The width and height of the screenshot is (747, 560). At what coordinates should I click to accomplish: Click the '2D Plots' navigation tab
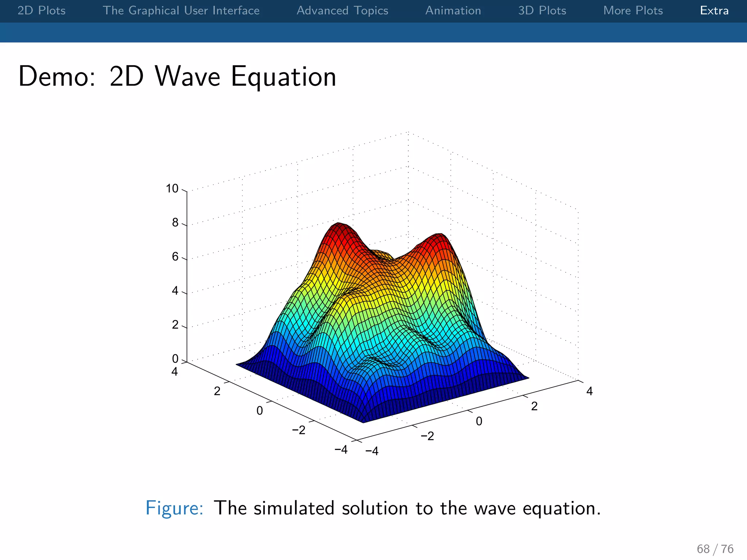click(x=42, y=11)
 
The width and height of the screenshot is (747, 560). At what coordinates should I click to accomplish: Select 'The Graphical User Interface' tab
click(x=181, y=11)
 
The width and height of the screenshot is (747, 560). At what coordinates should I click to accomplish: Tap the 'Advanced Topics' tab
click(x=342, y=11)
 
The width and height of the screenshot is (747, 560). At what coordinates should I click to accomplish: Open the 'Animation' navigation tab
click(x=453, y=11)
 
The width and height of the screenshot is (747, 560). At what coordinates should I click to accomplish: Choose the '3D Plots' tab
click(x=542, y=11)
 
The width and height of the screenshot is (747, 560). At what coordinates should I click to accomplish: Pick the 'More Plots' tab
click(x=633, y=11)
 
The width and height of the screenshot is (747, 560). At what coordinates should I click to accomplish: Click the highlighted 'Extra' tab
click(x=714, y=11)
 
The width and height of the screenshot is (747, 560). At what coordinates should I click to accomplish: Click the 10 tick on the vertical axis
click(x=172, y=188)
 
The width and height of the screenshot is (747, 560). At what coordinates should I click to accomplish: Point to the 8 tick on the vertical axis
click(x=175, y=222)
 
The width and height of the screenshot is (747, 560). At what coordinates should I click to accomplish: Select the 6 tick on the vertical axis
click(x=175, y=257)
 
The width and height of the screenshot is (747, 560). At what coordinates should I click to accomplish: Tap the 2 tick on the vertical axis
click(x=175, y=324)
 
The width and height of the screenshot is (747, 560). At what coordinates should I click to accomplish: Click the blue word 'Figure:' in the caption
click(x=174, y=508)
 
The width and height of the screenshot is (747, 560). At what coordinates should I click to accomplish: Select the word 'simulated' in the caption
click(x=294, y=508)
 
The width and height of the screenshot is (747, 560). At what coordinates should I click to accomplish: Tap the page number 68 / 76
click(x=715, y=549)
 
